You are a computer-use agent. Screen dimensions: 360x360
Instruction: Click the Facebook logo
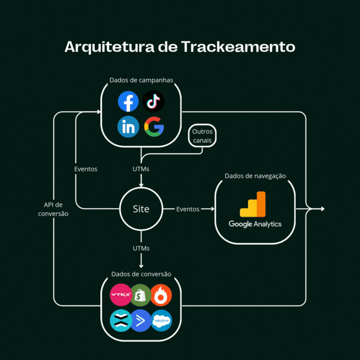(128, 101)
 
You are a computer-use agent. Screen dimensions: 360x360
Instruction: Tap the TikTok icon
(153, 101)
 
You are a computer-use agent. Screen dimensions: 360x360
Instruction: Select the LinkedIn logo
(128, 127)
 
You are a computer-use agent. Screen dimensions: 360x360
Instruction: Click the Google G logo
(153, 127)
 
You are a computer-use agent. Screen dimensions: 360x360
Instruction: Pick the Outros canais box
(202, 136)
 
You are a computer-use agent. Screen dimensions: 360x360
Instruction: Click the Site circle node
(141, 209)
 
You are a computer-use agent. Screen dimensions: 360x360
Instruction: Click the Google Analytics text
(255, 224)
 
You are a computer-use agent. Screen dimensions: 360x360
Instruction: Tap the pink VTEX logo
(121, 295)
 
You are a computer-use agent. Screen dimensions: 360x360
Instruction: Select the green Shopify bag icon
(140, 295)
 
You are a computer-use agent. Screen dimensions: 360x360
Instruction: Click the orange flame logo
(161, 295)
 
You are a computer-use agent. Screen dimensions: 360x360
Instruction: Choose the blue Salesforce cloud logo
(161, 320)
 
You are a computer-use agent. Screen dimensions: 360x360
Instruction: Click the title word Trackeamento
(238, 47)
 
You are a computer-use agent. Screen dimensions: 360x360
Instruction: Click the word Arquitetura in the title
(111, 47)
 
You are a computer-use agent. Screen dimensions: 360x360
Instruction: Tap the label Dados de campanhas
(141, 80)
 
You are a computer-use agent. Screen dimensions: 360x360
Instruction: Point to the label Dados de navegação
(255, 176)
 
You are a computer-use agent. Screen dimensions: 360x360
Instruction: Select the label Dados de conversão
(141, 274)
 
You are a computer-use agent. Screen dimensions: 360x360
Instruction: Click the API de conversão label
(53, 209)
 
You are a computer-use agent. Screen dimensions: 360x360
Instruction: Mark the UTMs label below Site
(141, 248)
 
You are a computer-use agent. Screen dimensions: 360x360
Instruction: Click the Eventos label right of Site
(188, 209)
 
